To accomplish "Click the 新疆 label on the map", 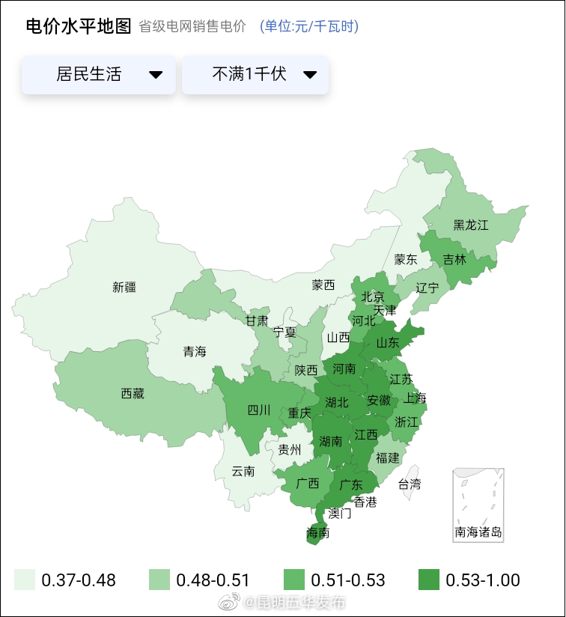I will pyautogui.click(x=125, y=286).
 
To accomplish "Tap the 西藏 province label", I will pyautogui.click(x=133, y=393).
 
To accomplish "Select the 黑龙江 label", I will pyautogui.click(x=470, y=225).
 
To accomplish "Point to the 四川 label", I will pyautogui.click(x=259, y=410).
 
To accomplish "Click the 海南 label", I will pyautogui.click(x=318, y=533).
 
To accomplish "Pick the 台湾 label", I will pyautogui.click(x=409, y=484).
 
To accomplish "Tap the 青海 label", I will pyautogui.click(x=195, y=351).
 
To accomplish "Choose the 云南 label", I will pyautogui.click(x=243, y=471).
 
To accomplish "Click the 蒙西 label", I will pyautogui.click(x=323, y=285).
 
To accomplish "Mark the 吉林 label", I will pyautogui.click(x=454, y=260).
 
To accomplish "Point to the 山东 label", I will pyautogui.click(x=387, y=343).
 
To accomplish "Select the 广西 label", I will pyautogui.click(x=307, y=483).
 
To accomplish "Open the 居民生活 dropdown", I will pyautogui.click(x=99, y=75).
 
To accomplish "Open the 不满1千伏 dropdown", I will pyautogui.click(x=255, y=75).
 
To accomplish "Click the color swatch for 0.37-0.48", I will pyautogui.click(x=25, y=580).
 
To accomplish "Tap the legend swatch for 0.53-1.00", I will pyautogui.click(x=429, y=580).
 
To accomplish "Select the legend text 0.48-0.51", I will pyautogui.click(x=213, y=580).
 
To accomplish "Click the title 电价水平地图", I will pyautogui.click(x=79, y=26).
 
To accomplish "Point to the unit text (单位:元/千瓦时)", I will pyautogui.click(x=309, y=27).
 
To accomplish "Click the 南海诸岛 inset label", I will pyautogui.click(x=478, y=533).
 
